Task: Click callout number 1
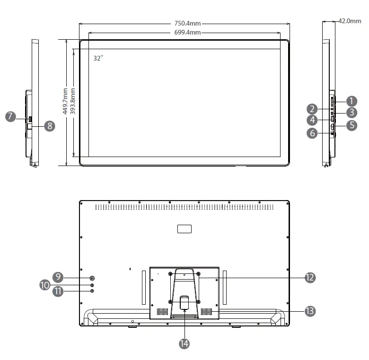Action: pyautogui.click(x=351, y=101)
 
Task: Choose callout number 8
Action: pyautogui.click(x=49, y=125)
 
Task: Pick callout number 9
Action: pyautogui.click(x=58, y=277)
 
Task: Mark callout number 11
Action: pyautogui.click(x=58, y=291)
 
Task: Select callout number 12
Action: pyautogui.click(x=310, y=277)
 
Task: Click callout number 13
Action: pyautogui.click(x=310, y=311)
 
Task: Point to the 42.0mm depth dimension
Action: pyautogui.click(x=350, y=21)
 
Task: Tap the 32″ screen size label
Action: pyautogui.click(x=98, y=58)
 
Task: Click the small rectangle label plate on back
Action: pyautogui.click(x=184, y=229)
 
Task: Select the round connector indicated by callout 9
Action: pyautogui.click(x=92, y=278)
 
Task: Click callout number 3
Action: pyautogui.click(x=351, y=113)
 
